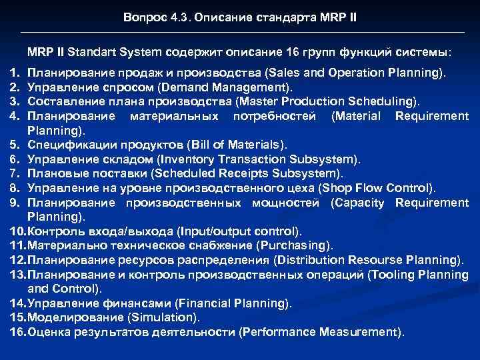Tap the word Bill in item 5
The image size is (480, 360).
[201, 145]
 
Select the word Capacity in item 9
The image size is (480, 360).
[357, 203]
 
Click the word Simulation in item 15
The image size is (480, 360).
[163, 318]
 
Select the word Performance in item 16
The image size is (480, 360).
[278, 332]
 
